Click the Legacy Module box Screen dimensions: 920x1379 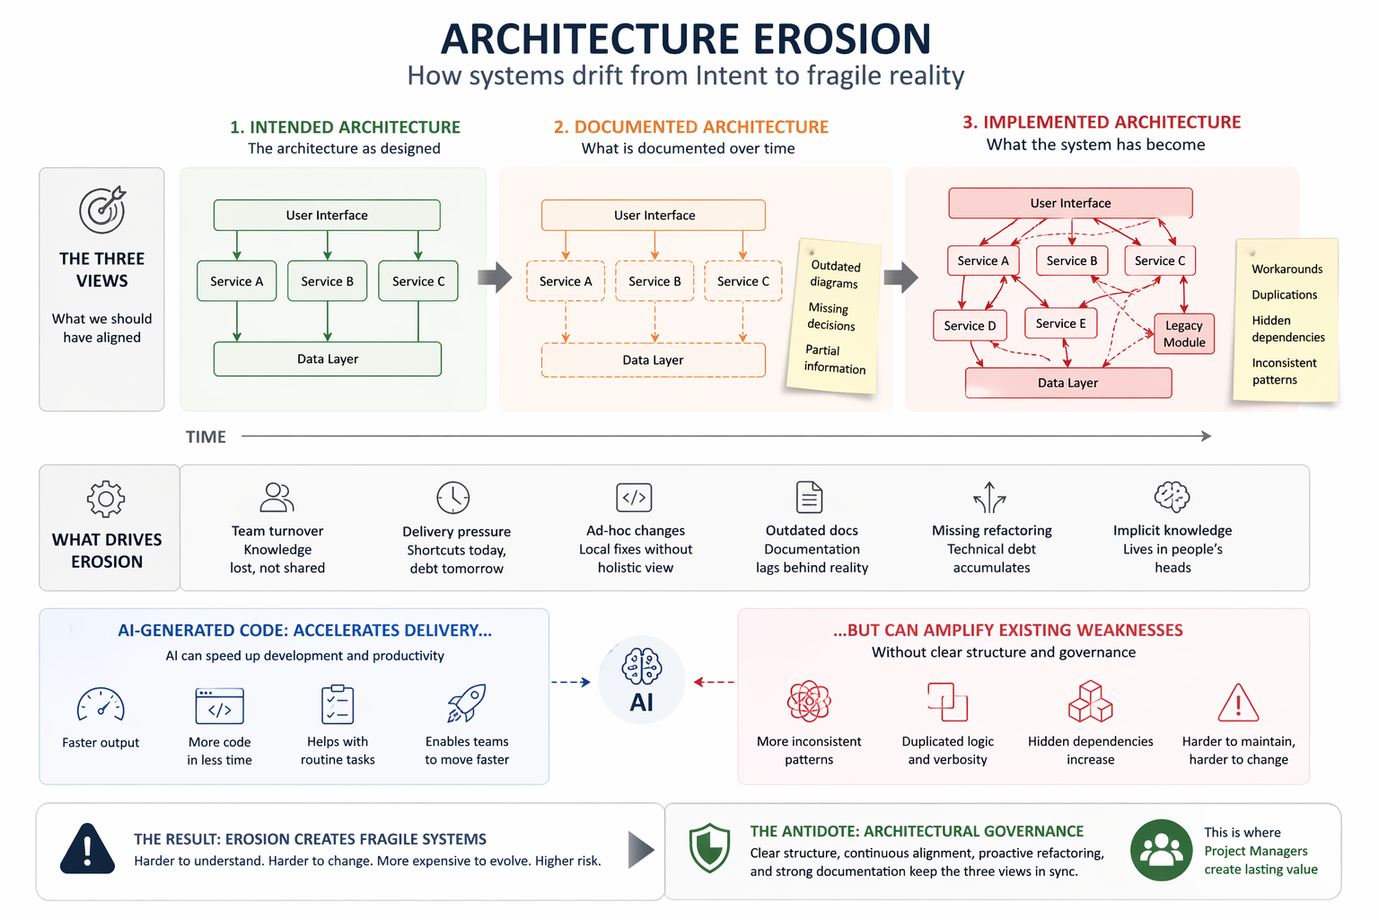pyautogui.click(x=1183, y=333)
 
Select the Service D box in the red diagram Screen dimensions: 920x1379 pyautogui.click(x=970, y=325)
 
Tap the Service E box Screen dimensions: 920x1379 pyautogui.click(x=1060, y=323)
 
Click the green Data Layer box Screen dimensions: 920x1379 pyautogui.click(x=328, y=358)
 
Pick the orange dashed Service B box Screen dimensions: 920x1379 pyautogui.click(x=654, y=281)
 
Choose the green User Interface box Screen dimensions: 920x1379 pyautogui.click(x=327, y=215)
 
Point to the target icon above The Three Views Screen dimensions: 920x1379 pyautogui.click(x=102, y=210)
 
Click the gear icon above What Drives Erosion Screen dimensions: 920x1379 pyautogui.click(x=106, y=498)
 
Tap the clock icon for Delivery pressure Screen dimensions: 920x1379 pyautogui.click(x=453, y=497)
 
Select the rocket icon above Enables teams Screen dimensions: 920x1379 pyautogui.click(x=467, y=703)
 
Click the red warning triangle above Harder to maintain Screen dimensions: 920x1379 pyautogui.click(x=1238, y=703)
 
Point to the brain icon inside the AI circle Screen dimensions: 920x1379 pyautogui.click(x=641, y=667)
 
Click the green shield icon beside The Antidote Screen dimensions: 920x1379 pyautogui.click(x=709, y=848)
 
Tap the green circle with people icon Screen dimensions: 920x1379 pyautogui.click(x=1162, y=850)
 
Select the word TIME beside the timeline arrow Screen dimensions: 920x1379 pyautogui.click(x=206, y=437)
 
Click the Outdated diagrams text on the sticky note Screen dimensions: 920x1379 pyautogui.click(x=834, y=274)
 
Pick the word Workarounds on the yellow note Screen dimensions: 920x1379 pyautogui.click(x=1287, y=269)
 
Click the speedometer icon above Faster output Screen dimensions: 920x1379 pyautogui.click(x=101, y=705)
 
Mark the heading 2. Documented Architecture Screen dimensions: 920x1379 pyautogui.click(x=690, y=127)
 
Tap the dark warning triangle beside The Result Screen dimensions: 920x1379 pyautogui.click(x=87, y=849)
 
